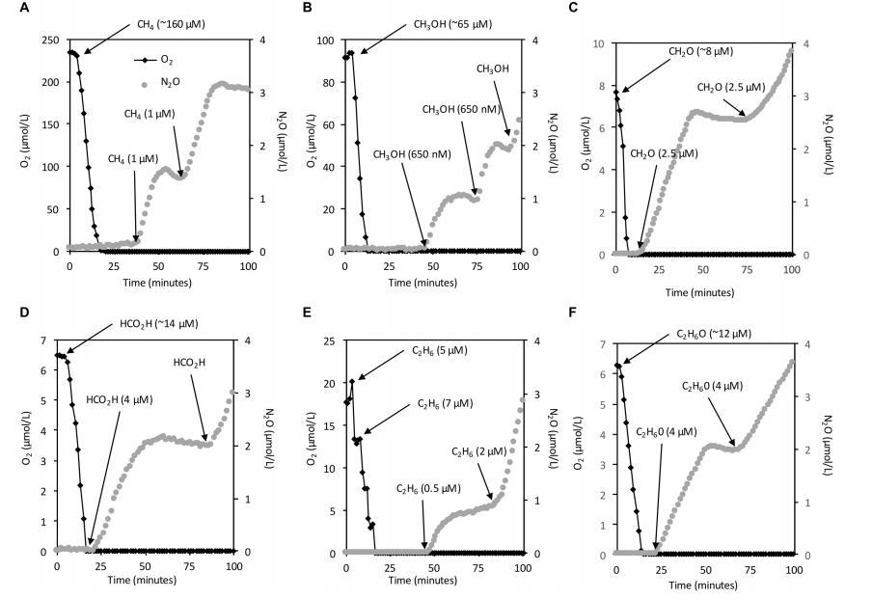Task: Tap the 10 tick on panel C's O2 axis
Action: (599, 44)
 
